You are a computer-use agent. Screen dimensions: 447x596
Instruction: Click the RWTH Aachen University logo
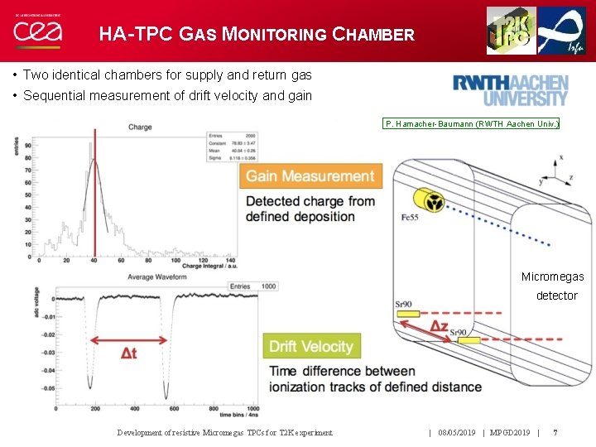click(510, 90)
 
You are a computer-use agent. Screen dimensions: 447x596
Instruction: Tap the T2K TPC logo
click(511, 31)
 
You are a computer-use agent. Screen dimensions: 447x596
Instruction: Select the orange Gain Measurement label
click(310, 176)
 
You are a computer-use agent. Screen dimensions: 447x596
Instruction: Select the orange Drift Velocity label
click(310, 346)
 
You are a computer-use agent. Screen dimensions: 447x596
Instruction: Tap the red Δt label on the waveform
click(129, 353)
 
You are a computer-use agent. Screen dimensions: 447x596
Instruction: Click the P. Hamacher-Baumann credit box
click(471, 124)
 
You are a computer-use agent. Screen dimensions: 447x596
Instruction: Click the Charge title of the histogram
click(140, 127)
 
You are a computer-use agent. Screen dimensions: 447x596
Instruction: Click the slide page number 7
click(555, 432)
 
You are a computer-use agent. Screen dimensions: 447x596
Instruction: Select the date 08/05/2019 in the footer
click(456, 432)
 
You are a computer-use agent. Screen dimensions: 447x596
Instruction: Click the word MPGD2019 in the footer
click(509, 432)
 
